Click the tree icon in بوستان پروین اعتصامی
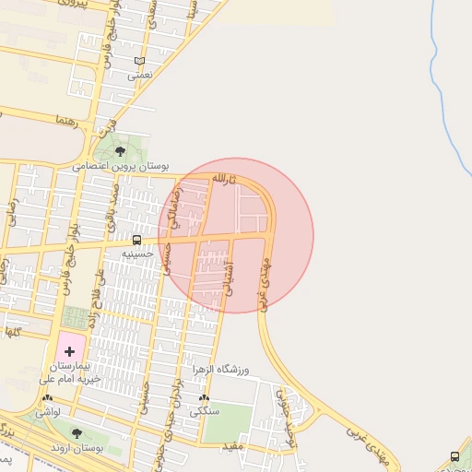click(121, 150)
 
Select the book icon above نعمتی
click(139, 62)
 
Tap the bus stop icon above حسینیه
click(137, 240)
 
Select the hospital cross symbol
click(69, 350)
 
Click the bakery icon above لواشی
click(47, 399)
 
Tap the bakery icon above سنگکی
click(204, 399)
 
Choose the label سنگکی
click(204, 413)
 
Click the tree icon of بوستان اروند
click(77, 433)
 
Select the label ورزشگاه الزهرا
click(220, 370)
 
